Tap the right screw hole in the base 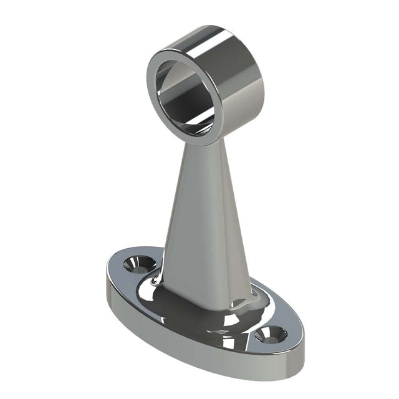click(x=271, y=335)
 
